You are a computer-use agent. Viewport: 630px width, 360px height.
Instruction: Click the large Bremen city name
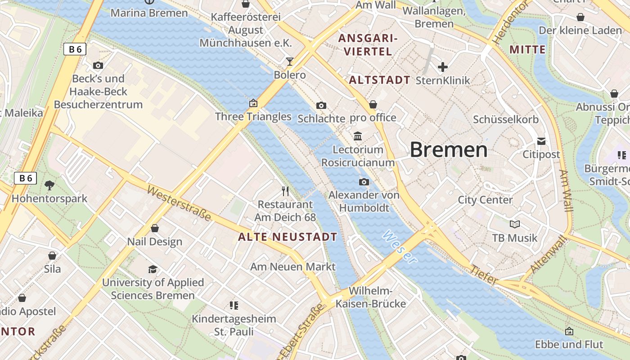[449, 150]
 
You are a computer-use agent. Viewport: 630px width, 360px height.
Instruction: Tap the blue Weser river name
[399, 247]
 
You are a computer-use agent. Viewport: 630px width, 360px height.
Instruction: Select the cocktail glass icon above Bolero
[289, 61]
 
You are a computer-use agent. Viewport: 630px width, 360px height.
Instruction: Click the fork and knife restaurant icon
[285, 191]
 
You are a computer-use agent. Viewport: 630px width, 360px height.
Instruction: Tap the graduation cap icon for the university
[153, 269]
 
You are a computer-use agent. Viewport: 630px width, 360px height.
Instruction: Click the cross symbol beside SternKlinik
[443, 67]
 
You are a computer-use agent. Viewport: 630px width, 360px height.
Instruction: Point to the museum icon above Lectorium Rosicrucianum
[358, 136]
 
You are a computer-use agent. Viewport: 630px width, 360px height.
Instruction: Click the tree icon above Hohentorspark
[49, 185]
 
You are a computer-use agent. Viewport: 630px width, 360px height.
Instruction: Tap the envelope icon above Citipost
[541, 141]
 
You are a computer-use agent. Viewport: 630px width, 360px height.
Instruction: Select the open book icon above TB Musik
[515, 224]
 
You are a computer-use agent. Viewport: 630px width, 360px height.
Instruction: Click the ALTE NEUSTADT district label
[288, 237]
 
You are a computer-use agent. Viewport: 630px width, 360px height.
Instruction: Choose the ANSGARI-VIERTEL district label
[368, 45]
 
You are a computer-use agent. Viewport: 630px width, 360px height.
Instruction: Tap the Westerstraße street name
[179, 204]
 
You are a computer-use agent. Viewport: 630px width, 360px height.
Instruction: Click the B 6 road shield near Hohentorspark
[25, 178]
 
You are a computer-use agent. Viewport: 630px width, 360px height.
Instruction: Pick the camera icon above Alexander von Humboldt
[364, 182]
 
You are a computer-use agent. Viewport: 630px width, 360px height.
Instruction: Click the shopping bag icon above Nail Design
[155, 228]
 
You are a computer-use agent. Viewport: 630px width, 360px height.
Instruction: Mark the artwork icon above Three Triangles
[253, 103]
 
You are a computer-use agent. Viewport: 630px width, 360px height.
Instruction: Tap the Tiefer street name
[484, 275]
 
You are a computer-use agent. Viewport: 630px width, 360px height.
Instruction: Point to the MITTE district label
[527, 49]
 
